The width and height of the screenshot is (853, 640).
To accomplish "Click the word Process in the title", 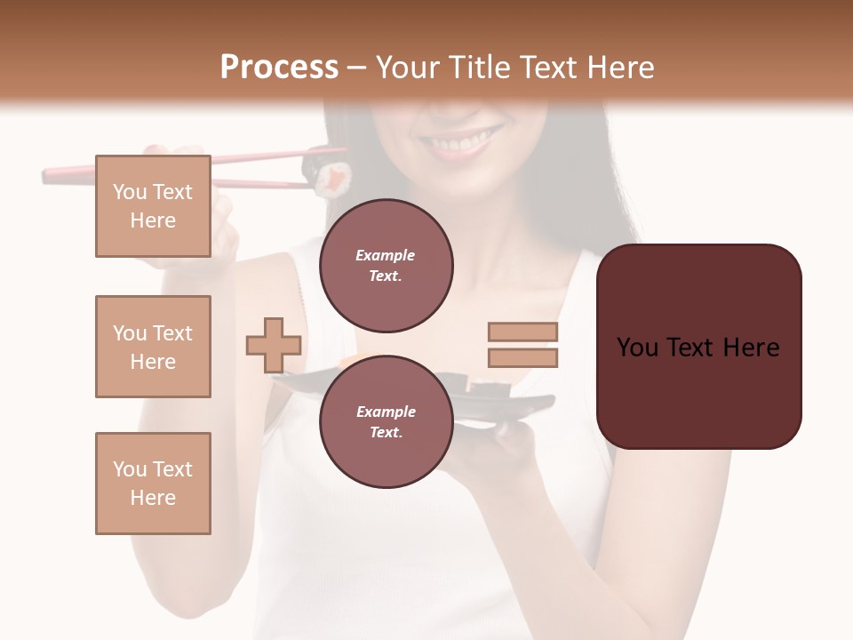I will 279,68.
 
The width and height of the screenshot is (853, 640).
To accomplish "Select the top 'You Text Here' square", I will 153,206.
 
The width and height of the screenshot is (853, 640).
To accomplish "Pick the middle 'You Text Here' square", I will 153,347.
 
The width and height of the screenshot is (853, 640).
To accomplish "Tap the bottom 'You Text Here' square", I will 153,484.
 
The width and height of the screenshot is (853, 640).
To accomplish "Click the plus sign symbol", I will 273,345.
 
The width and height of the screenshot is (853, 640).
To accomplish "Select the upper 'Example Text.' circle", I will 386,266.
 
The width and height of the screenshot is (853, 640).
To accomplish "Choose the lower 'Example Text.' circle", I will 386,422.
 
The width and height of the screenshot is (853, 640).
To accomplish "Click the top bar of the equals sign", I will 522,332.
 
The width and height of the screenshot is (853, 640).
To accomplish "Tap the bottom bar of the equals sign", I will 522,357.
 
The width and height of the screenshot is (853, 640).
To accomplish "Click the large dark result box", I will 698,347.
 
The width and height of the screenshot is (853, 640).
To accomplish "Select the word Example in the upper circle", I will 386,255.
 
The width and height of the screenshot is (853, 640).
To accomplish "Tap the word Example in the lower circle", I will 386,412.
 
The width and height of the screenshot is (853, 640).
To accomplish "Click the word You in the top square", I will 130,192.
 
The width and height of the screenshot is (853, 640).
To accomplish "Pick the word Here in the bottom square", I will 153,498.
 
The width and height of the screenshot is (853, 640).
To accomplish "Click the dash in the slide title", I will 357,68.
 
